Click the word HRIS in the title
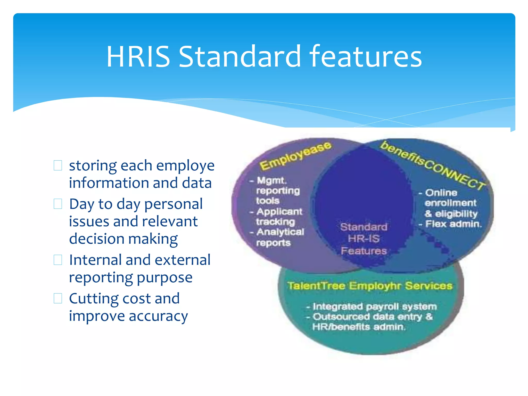pyautogui.click(x=138, y=57)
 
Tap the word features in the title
pyautogui.click(x=365, y=57)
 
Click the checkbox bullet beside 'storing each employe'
pyautogui.click(x=58, y=166)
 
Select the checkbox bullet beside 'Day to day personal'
pyautogui.click(x=58, y=204)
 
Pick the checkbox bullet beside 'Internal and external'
pyautogui.click(x=58, y=260)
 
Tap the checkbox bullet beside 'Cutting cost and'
pyautogui.click(x=58, y=298)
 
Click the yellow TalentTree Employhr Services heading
pyautogui.click(x=370, y=286)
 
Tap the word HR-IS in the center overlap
pyautogui.click(x=364, y=239)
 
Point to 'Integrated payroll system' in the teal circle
pyautogui.click(x=374, y=307)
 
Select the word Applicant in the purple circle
pyautogui.click(x=279, y=212)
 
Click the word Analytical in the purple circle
pyautogui.click(x=280, y=232)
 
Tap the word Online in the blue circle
pyautogui.click(x=441, y=193)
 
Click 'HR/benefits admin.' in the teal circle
pyautogui.click(x=359, y=327)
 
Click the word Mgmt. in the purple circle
pyautogui.click(x=271, y=180)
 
